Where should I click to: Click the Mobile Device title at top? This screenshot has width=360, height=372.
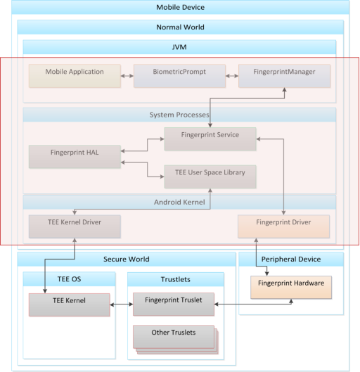tap(180, 8)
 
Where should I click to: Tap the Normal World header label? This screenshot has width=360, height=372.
tap(180, 27)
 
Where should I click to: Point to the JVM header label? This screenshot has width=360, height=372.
tap(180, 47)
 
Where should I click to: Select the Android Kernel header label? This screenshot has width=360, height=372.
tap(180, 203)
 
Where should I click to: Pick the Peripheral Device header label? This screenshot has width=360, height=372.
tap(291, 259)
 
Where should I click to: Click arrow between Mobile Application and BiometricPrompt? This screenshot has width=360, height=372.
tap(127, 75)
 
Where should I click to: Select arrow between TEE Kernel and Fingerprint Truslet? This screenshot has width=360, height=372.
tap(122, 304)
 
